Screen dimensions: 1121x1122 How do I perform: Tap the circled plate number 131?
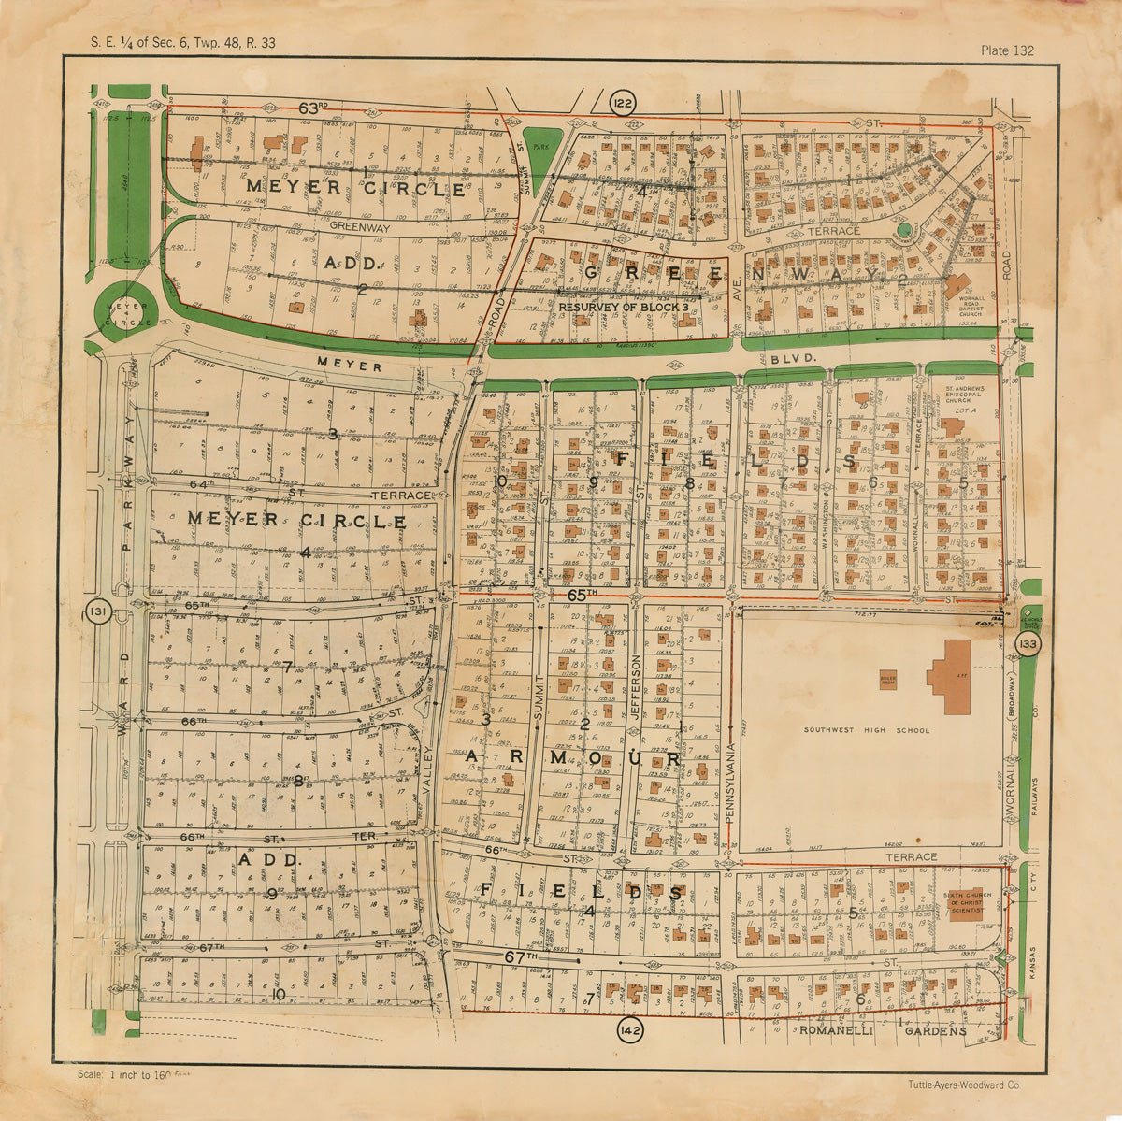pos(96,613)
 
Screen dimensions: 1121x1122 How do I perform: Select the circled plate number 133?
pos(1028,644)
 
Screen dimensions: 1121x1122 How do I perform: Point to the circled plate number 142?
pos(630,1030)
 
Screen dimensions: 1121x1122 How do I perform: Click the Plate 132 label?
pos(1007,50)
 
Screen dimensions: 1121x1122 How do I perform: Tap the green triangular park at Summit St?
pos(541,149)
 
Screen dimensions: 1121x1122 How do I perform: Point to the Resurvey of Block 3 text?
pos(624,306)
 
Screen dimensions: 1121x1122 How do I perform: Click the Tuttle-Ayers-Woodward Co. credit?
pos(963,1085)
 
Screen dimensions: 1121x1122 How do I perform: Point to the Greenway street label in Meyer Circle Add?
pos(359,226)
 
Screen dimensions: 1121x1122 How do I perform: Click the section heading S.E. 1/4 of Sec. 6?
pos(182,42)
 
